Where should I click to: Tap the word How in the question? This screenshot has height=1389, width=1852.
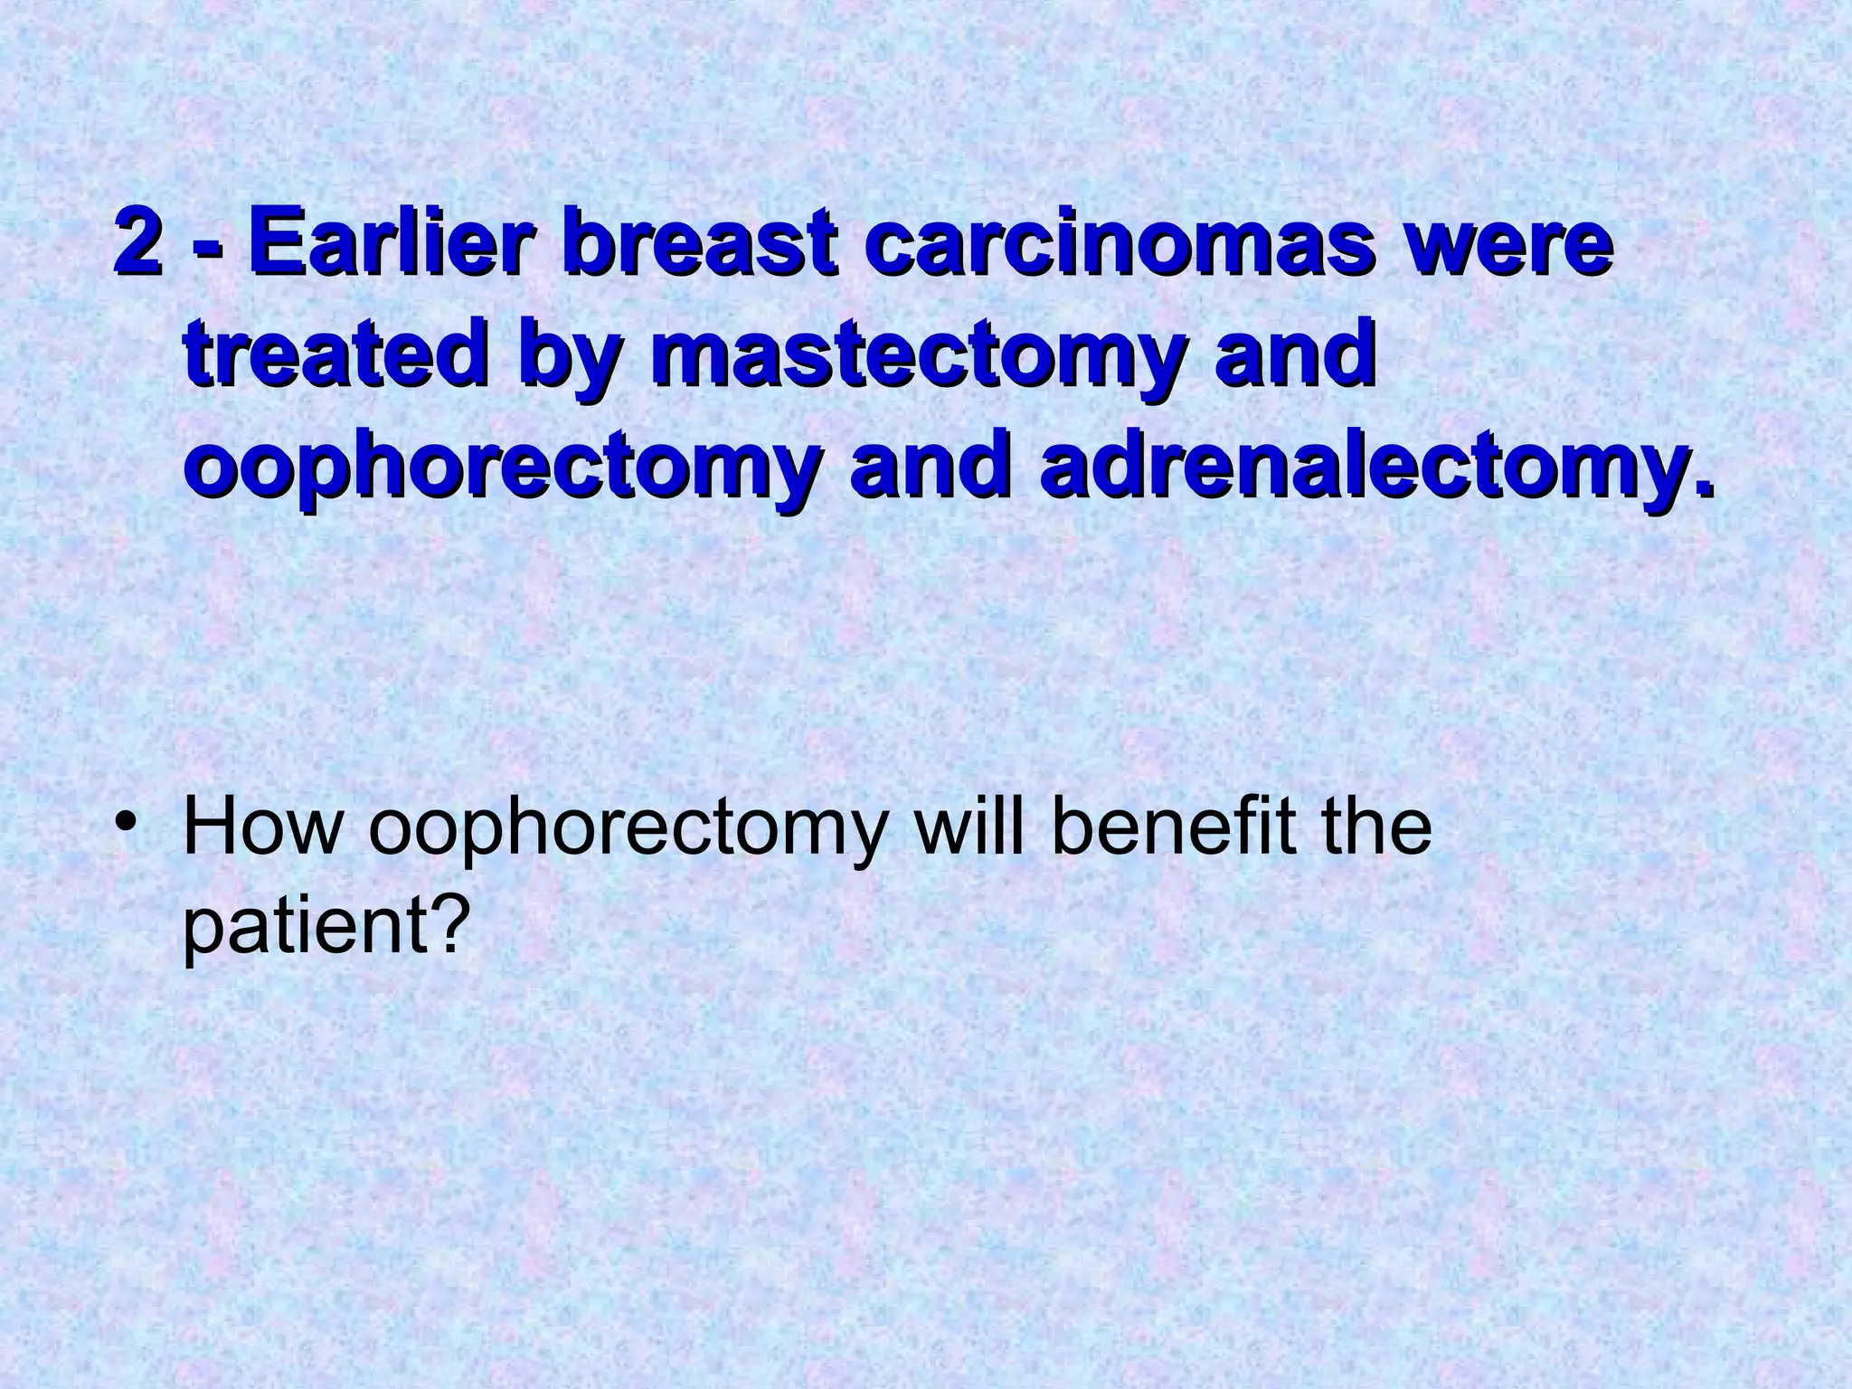coord(260,828)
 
